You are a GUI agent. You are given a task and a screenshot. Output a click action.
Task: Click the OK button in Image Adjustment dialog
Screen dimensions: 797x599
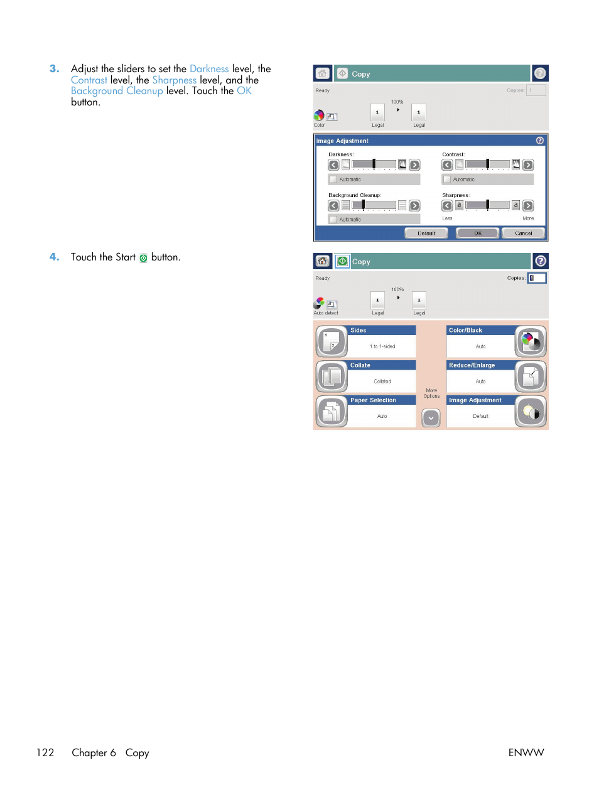477,233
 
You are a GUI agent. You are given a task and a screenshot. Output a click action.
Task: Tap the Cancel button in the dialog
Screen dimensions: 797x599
523,233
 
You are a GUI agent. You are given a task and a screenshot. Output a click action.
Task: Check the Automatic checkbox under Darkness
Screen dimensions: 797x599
333,179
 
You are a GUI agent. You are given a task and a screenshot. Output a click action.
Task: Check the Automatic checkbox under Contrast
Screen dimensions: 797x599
447,179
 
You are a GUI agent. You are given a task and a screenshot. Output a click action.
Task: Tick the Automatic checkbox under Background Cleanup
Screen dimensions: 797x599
333,220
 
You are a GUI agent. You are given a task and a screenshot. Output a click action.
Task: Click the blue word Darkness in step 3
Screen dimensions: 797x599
209,69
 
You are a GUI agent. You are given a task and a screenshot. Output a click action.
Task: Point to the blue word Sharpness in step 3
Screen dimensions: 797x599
174,80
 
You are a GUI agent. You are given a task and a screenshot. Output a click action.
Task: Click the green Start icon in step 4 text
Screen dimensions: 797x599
143,258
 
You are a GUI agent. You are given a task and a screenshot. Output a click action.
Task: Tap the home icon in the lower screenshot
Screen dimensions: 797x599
323,261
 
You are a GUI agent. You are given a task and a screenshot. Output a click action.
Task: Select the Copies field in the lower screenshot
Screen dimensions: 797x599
537,278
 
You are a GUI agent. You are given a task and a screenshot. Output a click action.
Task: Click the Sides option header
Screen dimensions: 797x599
382,330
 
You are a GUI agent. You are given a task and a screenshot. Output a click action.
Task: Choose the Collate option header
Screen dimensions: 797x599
382,365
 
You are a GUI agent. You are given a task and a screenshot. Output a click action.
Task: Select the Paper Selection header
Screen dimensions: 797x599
382,400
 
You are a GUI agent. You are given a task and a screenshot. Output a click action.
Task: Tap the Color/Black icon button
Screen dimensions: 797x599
531,341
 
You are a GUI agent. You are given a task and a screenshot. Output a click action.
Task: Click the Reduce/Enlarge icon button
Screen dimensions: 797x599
531,377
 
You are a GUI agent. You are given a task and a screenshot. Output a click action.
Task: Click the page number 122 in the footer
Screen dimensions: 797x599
45,753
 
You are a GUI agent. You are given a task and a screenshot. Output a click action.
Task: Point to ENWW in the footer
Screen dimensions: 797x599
526,753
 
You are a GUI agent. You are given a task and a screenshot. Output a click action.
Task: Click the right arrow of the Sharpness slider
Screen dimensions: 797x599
528,205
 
